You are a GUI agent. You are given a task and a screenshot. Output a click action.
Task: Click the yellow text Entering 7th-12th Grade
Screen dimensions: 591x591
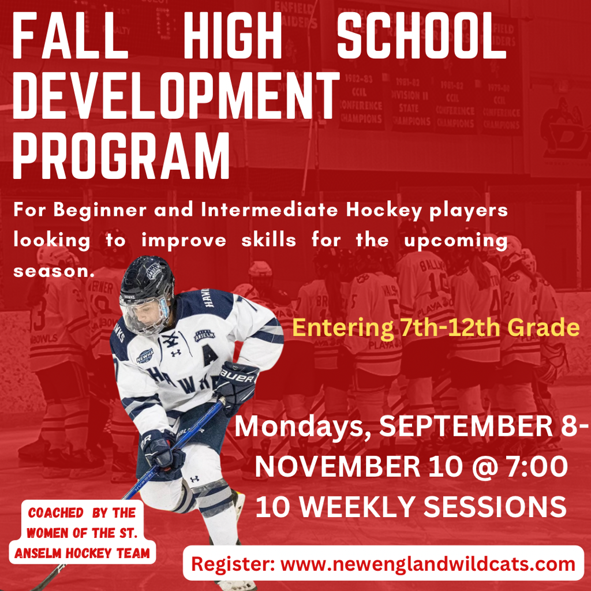[436, 328]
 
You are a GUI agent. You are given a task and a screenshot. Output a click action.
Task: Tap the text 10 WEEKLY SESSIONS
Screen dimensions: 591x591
[411, 507]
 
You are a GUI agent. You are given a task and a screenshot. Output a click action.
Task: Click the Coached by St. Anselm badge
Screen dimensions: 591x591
[82, 533]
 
